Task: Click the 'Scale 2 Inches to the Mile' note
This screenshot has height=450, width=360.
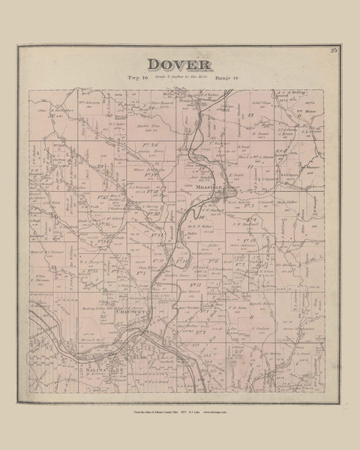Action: (x=180, y=78)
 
